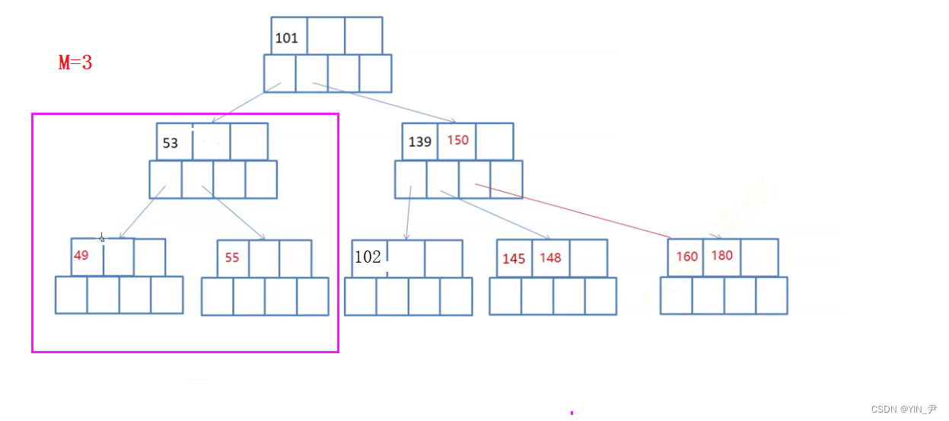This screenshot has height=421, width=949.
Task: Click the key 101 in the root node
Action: [287, 38]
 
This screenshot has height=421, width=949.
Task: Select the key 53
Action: [170, 143]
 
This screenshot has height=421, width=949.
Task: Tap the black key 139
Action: [420, 142]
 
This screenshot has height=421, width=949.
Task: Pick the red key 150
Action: [458, 140]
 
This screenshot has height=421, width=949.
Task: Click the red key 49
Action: [81, 256]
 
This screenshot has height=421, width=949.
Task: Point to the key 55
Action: [232, 258]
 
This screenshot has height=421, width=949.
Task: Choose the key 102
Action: [368, 257]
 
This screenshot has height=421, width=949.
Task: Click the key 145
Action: [514, 259]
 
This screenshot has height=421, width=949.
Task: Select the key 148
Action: [550, 257]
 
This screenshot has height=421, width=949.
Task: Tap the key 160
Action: [686, 257]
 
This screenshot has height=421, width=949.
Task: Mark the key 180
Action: [722, 255]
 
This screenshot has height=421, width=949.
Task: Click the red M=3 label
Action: [75, 63]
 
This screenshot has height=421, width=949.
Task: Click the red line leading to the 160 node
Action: [571, 210]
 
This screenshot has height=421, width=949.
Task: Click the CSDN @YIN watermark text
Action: [904, 410]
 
